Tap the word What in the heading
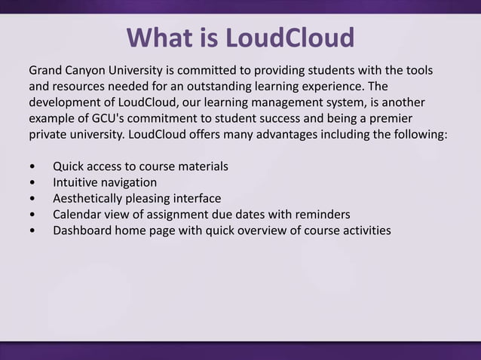click(161, 37)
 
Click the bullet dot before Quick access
click(32, 166)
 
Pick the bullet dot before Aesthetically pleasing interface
click(32, 199)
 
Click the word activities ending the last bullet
click(363, 230)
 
